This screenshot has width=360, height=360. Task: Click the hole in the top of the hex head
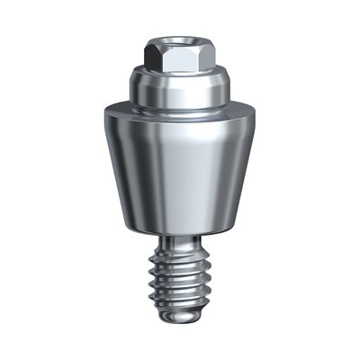pyautogui.click(x=179, y=41)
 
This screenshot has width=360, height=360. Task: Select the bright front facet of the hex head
pyautogui.click(x=178, y=59)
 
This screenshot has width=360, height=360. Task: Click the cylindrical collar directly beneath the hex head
pyautogui.click(x=179, y=88)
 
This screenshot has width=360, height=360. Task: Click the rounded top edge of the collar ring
pyautogui.click(x=179, y=72)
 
